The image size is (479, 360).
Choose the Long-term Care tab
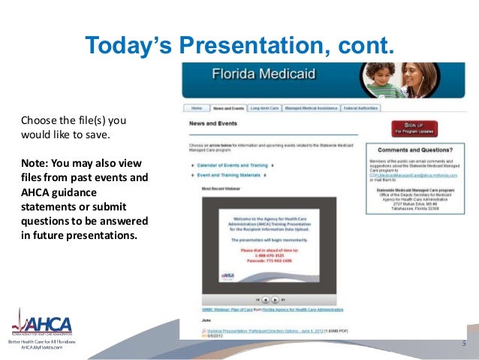point(273,108)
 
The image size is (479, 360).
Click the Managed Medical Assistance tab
point(327,108)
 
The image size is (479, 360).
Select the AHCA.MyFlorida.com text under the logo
point(41,349)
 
